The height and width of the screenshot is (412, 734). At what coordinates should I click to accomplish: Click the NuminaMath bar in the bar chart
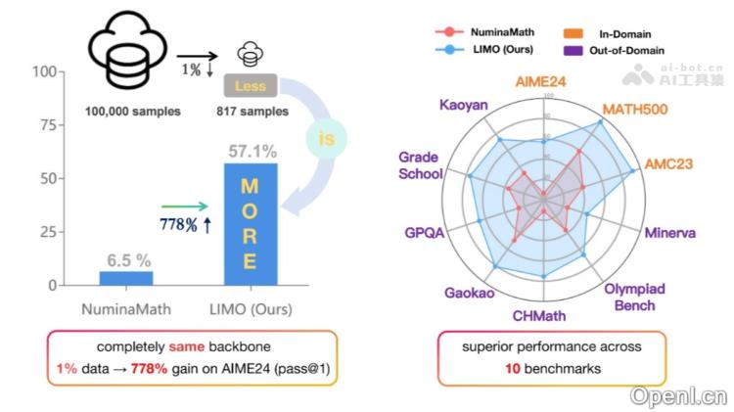tap(126, 278)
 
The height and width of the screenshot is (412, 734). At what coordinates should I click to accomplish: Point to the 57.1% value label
tap(251, 152)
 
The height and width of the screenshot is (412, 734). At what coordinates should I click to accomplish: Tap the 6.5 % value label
tap(127, 260)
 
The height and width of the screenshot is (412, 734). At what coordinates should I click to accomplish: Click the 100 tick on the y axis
tap(42, 72)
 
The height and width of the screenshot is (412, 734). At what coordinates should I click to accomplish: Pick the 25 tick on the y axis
tap(46, 233)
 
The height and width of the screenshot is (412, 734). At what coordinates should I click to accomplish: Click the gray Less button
tap(250, 85)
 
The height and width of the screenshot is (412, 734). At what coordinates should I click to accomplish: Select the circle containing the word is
tap(326, 139)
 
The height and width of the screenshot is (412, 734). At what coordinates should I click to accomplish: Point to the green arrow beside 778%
tap(185, 206)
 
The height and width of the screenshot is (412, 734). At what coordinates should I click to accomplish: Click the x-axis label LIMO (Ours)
tap(250, 309)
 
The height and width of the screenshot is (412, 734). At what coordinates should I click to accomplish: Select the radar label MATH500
tap(634, 109)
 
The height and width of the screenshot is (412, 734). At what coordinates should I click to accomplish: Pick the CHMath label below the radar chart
tap(541, 315)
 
